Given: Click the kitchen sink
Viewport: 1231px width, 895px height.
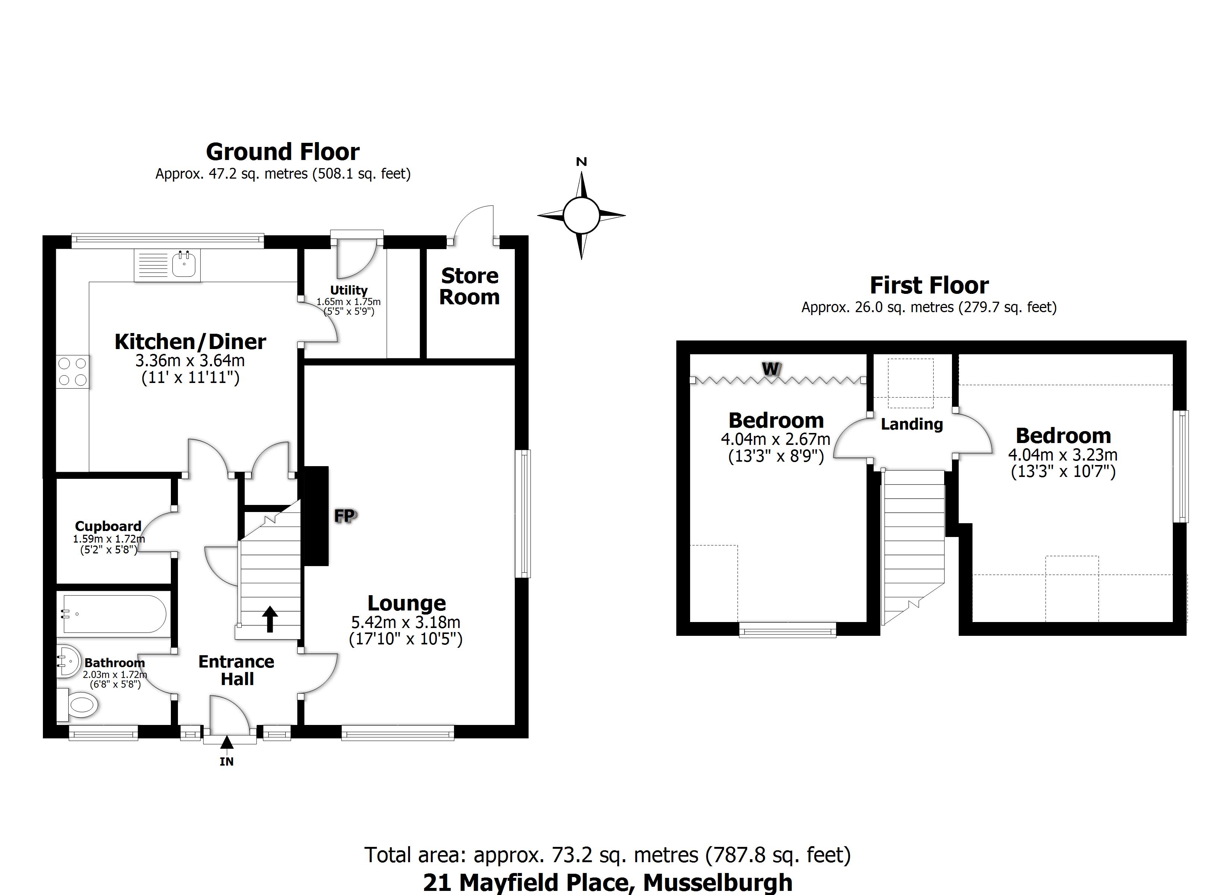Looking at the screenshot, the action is pos(184,266).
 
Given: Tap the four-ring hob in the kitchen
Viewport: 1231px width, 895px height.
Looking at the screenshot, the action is pos(73,372).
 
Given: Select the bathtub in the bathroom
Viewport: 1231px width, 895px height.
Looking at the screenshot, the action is pos(115,614).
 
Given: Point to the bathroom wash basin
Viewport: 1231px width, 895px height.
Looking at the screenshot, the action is pos(68,661).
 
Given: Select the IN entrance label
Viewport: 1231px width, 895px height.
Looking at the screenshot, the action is pos(227,761).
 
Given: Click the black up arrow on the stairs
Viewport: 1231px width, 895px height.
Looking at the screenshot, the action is pos(270,619).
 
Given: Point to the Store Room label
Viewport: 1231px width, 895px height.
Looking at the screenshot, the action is pos(470,286).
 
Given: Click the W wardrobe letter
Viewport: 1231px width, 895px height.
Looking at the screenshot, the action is pos(771,370).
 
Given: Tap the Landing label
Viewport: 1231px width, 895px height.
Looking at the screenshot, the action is pos(912,424).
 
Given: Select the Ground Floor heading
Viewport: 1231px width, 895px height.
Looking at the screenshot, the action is pos(283,152).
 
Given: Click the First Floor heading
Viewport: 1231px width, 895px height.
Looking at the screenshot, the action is pos(929,286).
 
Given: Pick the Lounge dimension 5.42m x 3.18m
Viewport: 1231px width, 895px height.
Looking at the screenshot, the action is pos(406,622).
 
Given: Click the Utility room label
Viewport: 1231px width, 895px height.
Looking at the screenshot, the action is pos(349,291).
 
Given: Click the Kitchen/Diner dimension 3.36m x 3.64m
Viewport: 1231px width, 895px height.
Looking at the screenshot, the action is pos(190,360).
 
